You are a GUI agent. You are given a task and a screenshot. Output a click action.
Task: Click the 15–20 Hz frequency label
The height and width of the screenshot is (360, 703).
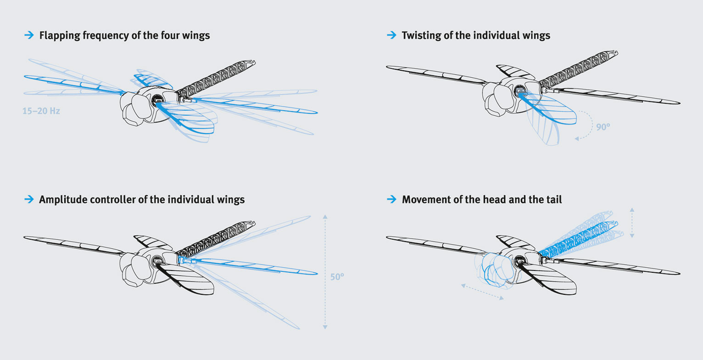(41, 111)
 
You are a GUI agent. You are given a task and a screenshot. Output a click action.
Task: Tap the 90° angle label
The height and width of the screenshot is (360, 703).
(603, 127)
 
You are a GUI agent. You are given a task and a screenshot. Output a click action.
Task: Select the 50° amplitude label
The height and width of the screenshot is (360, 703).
(337, 277)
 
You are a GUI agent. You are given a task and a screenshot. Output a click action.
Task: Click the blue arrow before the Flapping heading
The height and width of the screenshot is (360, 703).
(29, 35)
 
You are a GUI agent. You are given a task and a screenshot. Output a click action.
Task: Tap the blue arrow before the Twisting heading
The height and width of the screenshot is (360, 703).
(391, 35)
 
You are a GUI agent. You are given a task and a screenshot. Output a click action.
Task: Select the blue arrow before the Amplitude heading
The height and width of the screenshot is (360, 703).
(29, 199)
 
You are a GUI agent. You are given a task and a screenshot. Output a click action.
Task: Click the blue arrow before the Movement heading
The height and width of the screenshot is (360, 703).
(391, 199)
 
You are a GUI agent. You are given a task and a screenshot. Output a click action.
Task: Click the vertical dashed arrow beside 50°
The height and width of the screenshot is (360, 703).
(325, 271)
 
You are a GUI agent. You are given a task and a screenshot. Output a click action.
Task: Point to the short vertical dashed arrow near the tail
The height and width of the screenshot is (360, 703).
(632, 223)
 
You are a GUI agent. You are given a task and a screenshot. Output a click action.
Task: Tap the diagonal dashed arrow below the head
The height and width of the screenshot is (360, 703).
(482, 292)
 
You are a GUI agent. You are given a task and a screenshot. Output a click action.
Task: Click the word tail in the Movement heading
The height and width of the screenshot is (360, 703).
(552, 200)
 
